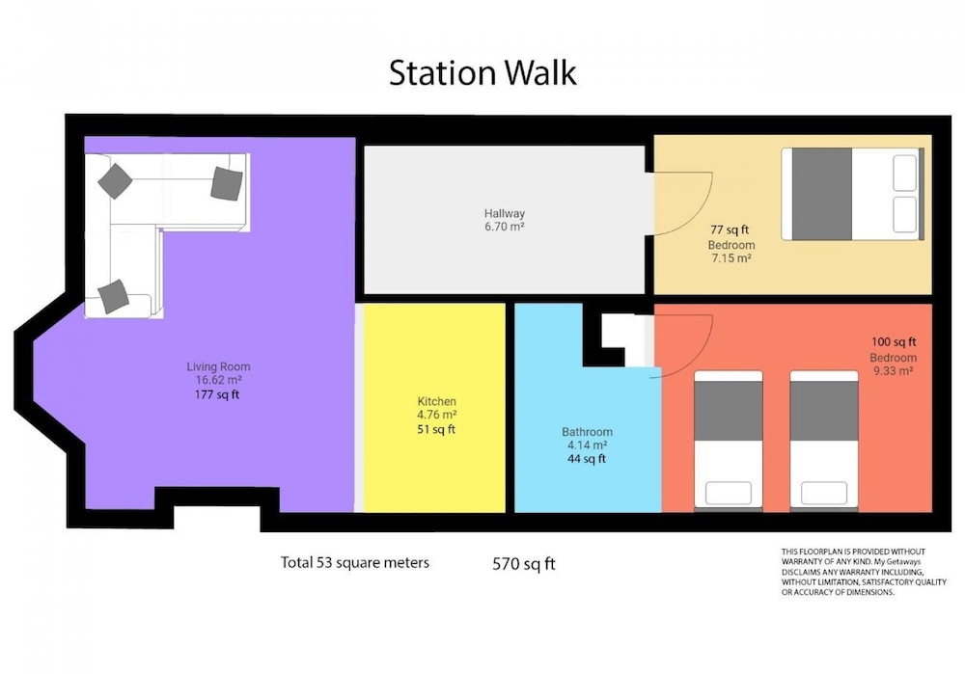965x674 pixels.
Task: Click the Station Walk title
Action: (482, 72)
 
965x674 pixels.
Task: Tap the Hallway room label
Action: (505, 213)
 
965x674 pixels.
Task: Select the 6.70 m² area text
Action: (505, 227)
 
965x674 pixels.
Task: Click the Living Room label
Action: (218, 366)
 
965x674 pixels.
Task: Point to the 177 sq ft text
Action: (216, 394)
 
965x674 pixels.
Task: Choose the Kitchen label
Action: (437, 401)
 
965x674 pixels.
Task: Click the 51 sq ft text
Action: (436, 429)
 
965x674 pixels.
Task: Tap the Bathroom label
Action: (587, 432)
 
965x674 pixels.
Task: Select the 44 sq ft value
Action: (587, 459)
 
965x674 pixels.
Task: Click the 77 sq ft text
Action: (730, 230)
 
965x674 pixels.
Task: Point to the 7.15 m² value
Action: (731, 258)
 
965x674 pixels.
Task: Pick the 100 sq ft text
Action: (894, 342)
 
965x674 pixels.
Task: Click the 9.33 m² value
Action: (893, 371)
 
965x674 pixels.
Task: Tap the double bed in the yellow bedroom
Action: (853, 194)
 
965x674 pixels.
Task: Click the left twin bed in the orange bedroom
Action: (729, 441)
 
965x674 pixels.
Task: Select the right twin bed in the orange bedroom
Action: (824, 441)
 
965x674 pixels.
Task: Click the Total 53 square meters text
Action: (355, 563)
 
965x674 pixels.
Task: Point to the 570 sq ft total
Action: (524, 564)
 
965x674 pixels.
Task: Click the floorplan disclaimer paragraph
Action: (864, 572)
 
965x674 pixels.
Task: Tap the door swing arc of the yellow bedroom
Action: (703, 212)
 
